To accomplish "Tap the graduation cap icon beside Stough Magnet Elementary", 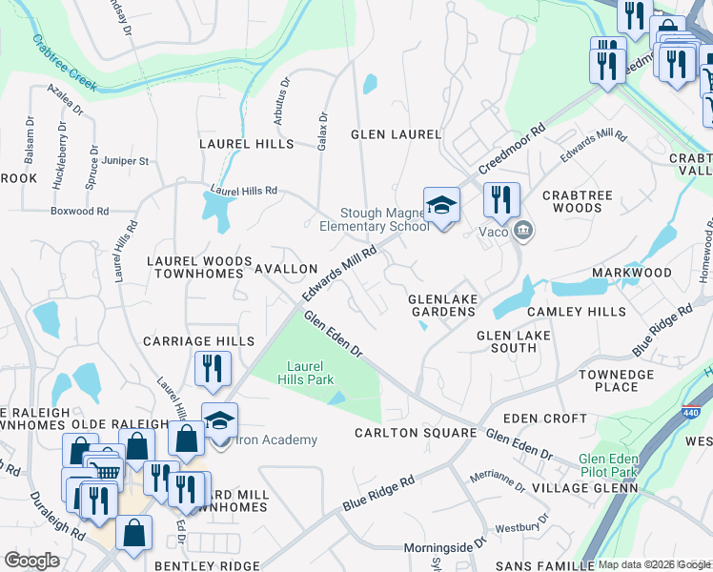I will tap(441, 205).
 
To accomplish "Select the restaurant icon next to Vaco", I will tap(500, 201).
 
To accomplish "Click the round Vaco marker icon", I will tap(522, 230).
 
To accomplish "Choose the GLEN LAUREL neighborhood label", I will tap(396, 134).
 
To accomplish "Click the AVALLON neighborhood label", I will tap(286, 270).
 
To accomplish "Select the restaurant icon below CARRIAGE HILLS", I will tap(213, 369).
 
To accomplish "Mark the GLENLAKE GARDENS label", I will tap(442, 305).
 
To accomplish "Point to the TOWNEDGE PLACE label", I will tap(616, 380).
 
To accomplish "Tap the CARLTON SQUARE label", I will tap(415, 433).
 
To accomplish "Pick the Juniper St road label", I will tap(125, 161).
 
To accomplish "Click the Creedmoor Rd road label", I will tap(512, 147).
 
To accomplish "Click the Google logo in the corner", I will tap(31, 561).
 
